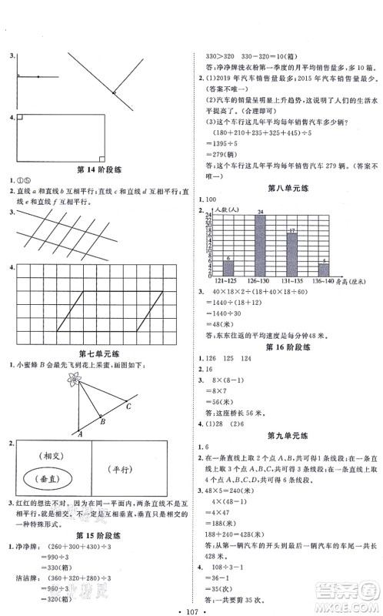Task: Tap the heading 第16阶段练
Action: (282, 346)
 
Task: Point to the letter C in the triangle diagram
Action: (128, 405)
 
